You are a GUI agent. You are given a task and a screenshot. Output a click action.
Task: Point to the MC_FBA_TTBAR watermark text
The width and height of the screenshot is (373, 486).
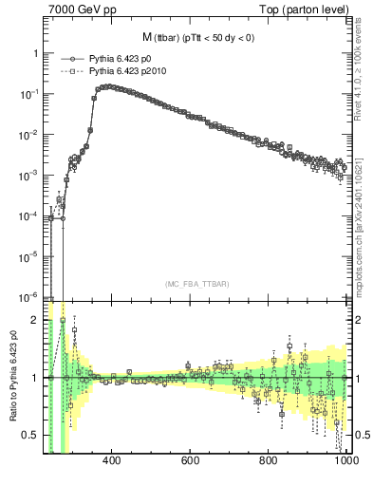pyautogui.click(x=196, y=285)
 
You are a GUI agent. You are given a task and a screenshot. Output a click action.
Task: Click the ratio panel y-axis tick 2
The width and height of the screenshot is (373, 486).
pyautogui.click(x=34, y=320)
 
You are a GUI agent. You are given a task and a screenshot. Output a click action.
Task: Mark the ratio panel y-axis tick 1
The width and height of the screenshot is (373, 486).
pyautogui.click(x=34, y=378)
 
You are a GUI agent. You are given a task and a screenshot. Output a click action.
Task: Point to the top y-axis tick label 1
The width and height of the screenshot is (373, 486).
pyautogui.click(x=34, y=53)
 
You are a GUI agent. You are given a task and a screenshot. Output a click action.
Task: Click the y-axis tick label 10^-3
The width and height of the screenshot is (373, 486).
pyautogui.click(x=27, y=176)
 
